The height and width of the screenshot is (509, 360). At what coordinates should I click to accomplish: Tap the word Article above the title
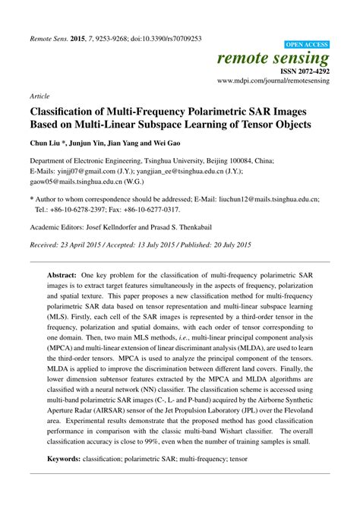(39, 98)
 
